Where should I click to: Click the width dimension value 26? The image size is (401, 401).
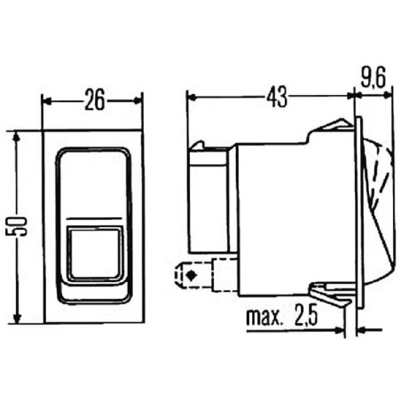[94, 99]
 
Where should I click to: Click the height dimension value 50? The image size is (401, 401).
[16, 226]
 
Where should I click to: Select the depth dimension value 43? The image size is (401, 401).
[277, 97]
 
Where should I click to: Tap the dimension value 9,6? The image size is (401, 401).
[373, 78]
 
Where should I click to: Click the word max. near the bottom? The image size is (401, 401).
[263, 317]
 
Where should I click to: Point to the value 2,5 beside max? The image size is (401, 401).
[306, 315]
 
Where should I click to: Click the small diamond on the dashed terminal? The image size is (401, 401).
[192, 275]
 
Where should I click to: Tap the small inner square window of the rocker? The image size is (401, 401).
[96, 253]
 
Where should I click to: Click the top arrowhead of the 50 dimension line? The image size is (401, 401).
[17, 137]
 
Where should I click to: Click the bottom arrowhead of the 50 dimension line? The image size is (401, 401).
[17, 318]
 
